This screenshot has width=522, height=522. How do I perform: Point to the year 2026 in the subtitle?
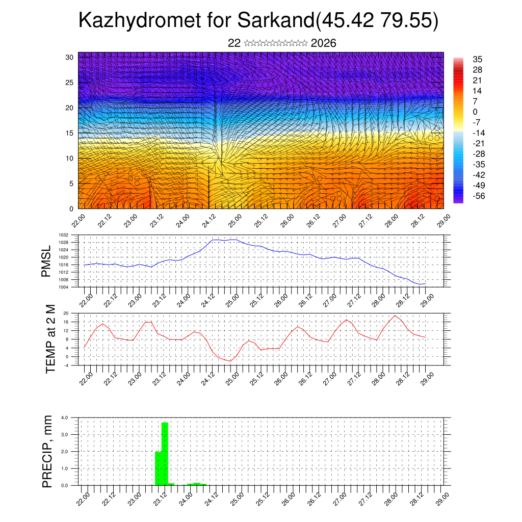323,43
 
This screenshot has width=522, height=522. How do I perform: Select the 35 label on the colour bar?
478,59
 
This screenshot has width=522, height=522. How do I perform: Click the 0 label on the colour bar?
475,112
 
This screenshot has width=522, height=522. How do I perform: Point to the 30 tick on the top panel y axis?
70,57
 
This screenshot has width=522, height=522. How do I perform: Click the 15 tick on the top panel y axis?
70,133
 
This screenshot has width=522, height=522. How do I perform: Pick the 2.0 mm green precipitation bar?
158,468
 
